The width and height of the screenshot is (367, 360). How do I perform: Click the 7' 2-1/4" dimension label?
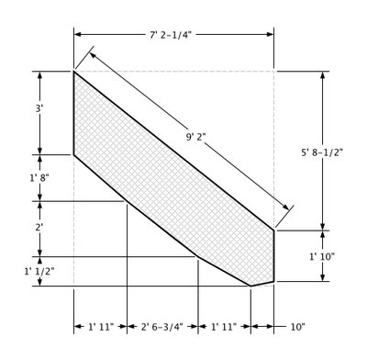(x=171, y=35)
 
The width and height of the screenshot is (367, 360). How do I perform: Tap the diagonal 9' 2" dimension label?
(x=195, y=137)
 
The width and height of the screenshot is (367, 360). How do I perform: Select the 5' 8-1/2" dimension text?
(x=322, y=152)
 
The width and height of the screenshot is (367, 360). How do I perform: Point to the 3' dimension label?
(x=39, y=108)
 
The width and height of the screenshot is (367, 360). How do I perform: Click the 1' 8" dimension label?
(x=39, y=178)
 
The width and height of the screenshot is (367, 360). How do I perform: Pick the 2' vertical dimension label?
(x=39, y=228)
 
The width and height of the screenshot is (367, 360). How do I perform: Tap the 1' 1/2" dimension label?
(x=39, y=271)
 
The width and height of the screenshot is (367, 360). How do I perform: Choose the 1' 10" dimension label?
(x=322, y=256)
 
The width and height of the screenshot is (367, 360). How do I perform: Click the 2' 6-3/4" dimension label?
(x=162, y=327)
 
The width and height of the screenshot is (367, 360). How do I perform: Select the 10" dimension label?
(x=297, y=327)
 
